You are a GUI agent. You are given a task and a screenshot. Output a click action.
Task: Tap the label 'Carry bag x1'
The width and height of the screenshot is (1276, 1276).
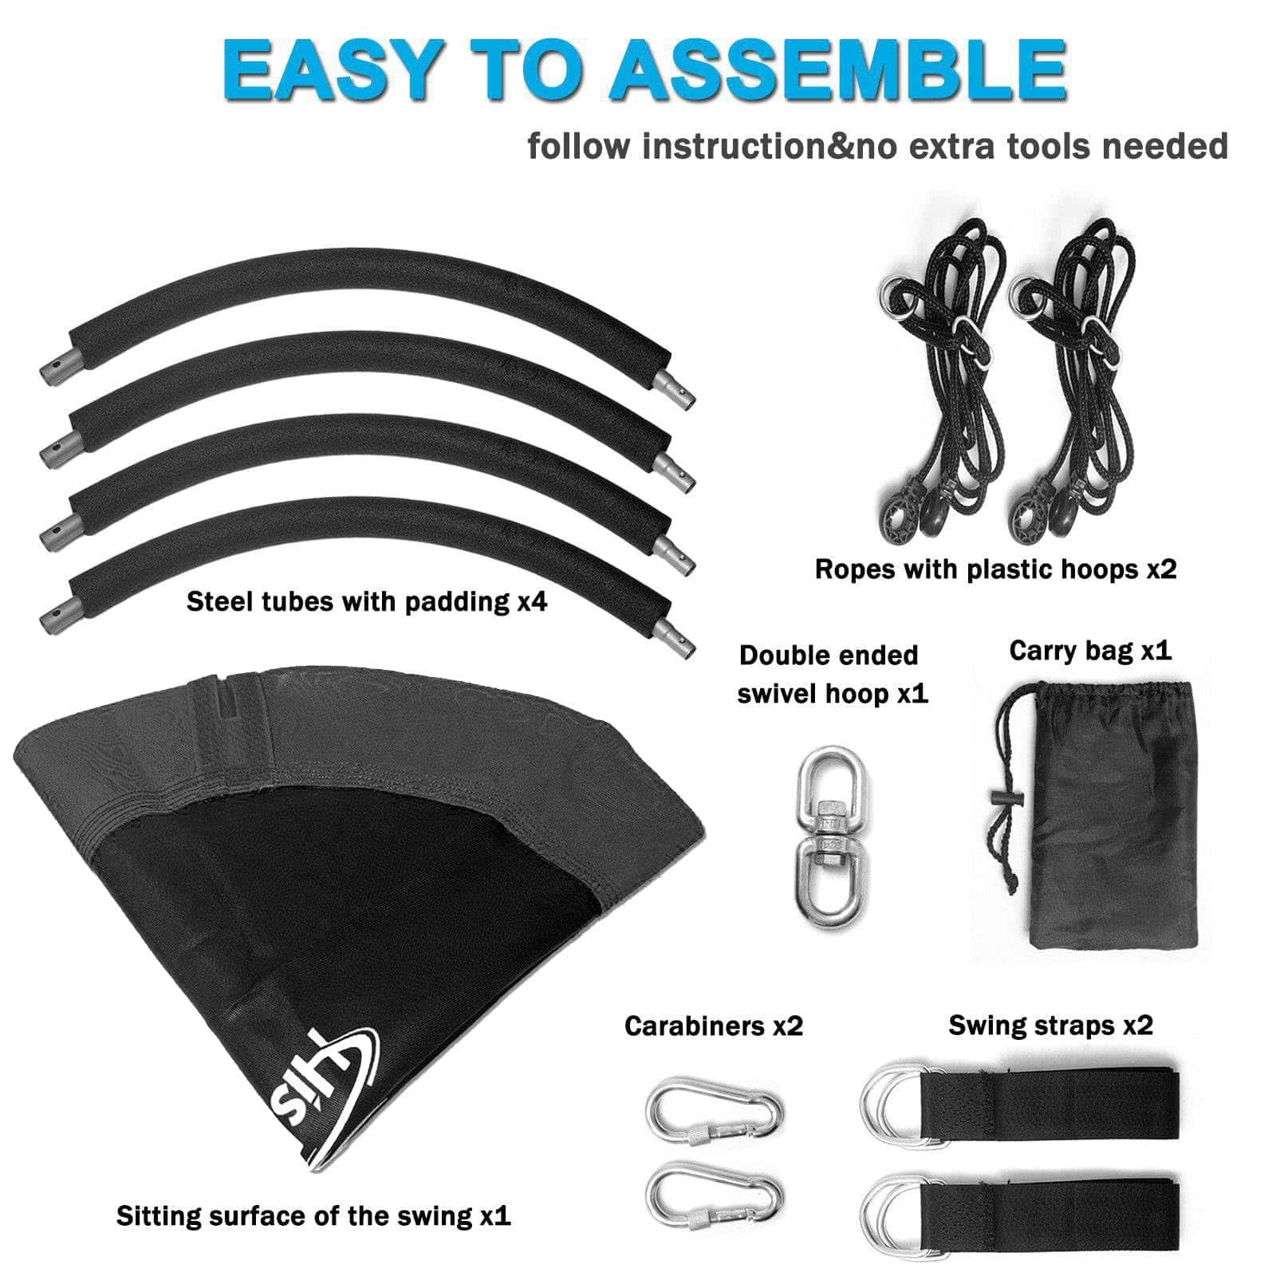coord(1090,652)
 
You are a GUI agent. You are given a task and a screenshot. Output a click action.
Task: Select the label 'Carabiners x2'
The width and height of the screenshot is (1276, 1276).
coord(714,1026)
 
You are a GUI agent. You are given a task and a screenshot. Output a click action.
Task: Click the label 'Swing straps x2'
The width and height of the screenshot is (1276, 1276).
coord(1051,1025)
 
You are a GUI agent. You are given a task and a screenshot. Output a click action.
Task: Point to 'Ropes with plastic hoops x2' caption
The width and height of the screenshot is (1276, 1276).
coord(996,569)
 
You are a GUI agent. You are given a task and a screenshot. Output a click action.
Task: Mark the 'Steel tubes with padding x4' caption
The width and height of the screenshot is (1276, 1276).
coord(367,601)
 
